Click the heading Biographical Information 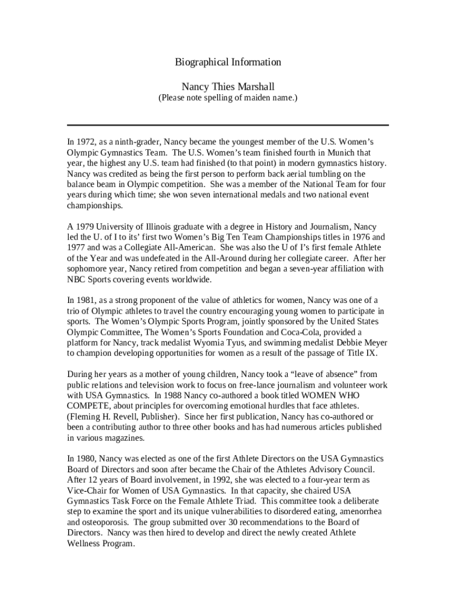[x=228, y=62]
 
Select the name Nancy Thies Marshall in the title [x=228, y=86]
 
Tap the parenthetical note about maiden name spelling [x=227, y=98]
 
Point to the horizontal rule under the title [x=228, y=125]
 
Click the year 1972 [x=86, y=142]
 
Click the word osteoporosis [x=107, y=523]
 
